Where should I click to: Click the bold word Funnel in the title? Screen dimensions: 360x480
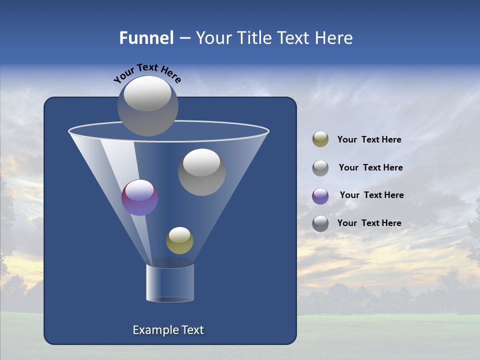coord(146,38)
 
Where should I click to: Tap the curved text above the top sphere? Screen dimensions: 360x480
coord(147,73)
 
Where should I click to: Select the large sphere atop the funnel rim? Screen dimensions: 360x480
coord(147,105)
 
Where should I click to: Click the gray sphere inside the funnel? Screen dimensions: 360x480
coord(201,172)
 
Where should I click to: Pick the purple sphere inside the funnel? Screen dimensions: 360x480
coord(139,197)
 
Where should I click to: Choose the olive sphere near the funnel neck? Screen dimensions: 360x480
coord(179,240)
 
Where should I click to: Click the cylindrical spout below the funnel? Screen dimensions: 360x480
coord(170,283)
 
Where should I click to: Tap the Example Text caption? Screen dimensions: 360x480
coord(168,330)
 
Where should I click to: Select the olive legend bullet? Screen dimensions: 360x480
coord(320,139)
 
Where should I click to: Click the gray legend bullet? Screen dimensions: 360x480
coord(320,168)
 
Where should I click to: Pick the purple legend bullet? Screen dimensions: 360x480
coord(320,196)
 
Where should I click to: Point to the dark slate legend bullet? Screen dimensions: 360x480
coord(320,223)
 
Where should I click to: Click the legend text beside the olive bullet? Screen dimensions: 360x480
coord(369,139)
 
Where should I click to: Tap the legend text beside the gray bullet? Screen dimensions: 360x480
coord(370,167)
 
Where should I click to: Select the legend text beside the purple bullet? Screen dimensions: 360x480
coord(371,195)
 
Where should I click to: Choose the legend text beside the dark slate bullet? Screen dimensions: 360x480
coord(369,223)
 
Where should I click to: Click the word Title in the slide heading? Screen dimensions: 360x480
coord(254,38)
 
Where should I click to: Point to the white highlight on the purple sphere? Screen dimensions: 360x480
coord(139,190)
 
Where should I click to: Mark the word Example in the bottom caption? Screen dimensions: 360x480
coord(152,330)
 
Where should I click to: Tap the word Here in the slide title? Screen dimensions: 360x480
coord(333,38)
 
